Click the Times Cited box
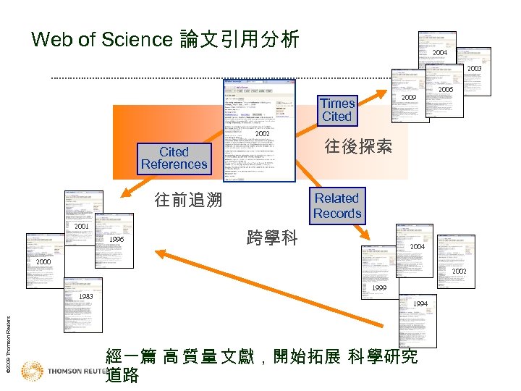[337, 110]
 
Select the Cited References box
[174, 158]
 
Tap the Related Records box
[336, 206]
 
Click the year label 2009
[409, 97]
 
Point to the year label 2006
[446, 89]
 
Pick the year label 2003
[474, 69]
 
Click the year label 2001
[81, 227]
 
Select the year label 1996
[117, 240]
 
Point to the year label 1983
[85, 297]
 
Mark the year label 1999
[378, 288]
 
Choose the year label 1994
[420, 303]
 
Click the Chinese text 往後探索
[358, 147]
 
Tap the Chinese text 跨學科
[272, 237]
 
